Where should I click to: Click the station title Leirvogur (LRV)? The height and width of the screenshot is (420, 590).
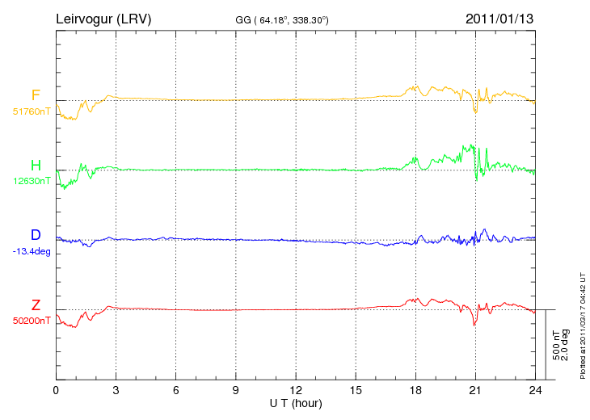click(104, 19)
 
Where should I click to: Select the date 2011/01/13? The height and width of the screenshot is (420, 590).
click(499, 19)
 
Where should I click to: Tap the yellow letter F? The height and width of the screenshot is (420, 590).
click(36, 96)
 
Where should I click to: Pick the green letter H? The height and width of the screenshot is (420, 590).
click(36, 166)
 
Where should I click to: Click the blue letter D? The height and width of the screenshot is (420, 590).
click(36, 235)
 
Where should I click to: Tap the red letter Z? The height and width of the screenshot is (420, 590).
click(36, 305)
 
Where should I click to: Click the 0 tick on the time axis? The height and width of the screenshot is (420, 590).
click(56, 390)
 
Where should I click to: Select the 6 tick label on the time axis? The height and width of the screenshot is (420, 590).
click(175, 390)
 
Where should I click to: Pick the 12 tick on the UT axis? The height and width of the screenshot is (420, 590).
click(296, 390)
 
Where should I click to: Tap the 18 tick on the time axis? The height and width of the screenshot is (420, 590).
click(415, 390)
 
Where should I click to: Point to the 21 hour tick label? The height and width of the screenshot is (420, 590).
click(475, 390)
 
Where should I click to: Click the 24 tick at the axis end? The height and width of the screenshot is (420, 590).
click(535, 390)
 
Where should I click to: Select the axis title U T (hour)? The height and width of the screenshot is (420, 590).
click(296, 403)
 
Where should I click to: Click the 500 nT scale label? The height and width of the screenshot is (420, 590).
click(556, 345)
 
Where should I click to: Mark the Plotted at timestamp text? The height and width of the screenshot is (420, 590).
click(582, 324)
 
